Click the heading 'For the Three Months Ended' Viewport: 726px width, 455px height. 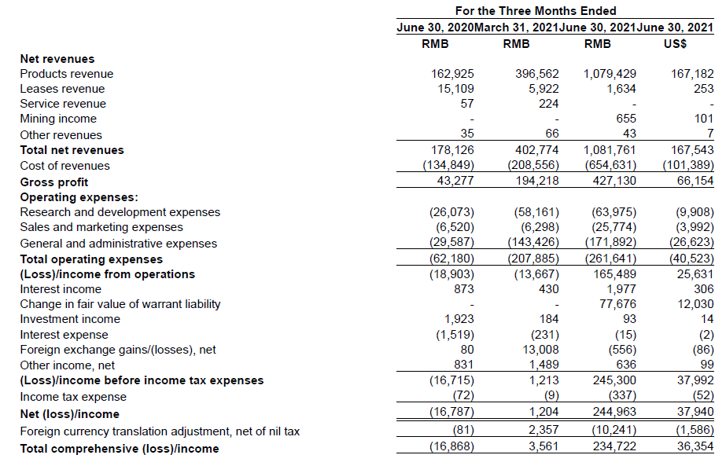pos(536,11)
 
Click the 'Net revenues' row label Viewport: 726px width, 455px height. pos(57,59)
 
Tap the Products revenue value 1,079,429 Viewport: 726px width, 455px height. pos(610,74)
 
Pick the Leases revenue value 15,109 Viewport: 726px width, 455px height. pos(456,89)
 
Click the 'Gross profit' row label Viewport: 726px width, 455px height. pos(54,182)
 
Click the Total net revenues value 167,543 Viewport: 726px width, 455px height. pos(692,150)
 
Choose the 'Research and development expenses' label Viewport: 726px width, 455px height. pos(120,212)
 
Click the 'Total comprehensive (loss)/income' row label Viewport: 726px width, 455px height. pos(120,449)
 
